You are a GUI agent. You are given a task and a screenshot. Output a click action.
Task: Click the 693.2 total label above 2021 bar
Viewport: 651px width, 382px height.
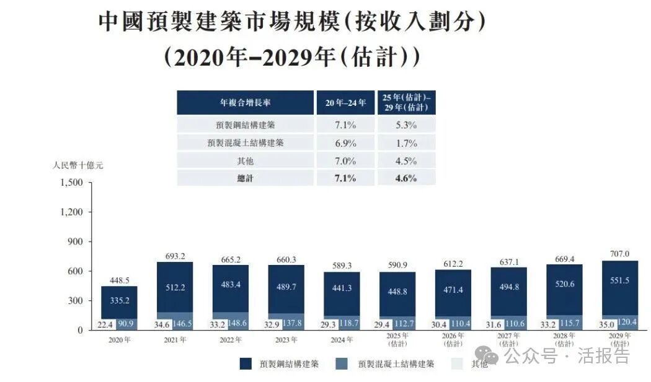[174, 256]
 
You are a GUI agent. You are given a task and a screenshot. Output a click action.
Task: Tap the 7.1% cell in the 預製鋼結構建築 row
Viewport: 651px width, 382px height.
[345, 125]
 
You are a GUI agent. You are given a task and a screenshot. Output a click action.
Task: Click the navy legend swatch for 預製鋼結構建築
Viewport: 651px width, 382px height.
[246, 364]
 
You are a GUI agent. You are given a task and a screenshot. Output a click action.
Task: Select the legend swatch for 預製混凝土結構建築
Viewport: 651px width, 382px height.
[343, 364]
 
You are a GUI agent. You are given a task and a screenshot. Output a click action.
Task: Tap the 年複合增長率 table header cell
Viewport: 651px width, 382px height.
[245, 103]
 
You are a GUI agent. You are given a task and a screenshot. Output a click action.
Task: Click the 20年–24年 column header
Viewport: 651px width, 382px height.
[345, 103]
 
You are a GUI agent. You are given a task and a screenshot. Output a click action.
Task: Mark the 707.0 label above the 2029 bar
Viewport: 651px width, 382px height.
[619, 254]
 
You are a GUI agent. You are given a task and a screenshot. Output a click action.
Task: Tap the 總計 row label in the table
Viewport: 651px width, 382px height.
[245, 178]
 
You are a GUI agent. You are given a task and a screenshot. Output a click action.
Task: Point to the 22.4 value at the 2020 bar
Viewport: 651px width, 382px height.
[102, 323]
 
